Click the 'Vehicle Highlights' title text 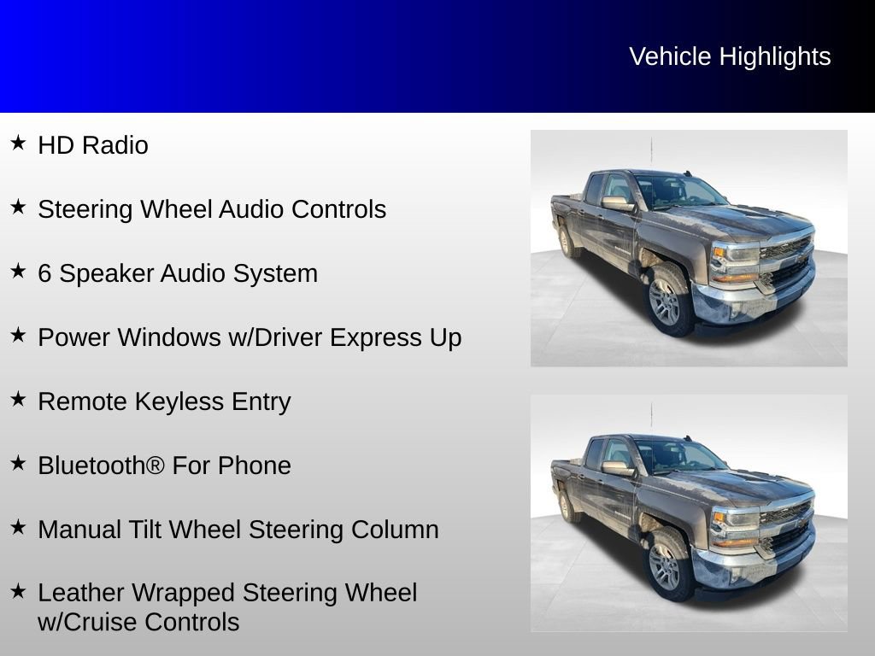pyautogui.click(x=730, y=56)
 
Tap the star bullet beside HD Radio pyautogui.click(x=18, y=143)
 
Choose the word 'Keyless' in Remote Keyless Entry pyautogui.click(x=172, y=401)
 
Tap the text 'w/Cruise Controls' pyautogui.click(x=138, y=622)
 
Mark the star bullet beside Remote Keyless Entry pyautogui.click(x=18, y=399)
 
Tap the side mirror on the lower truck pyautogui.click(x=617, y=468)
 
